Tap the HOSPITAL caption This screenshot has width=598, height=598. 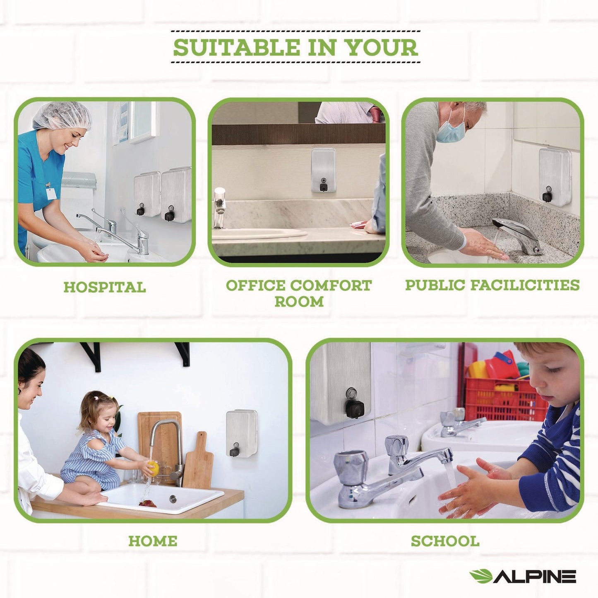(x=105, y=287)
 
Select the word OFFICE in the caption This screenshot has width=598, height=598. (x=255, y=286)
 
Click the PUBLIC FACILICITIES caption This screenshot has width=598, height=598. (x=492, y=285)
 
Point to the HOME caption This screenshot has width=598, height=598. (x=153, y=541)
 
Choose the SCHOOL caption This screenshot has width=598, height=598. (x=445, y=541)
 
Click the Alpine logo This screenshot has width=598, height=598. (x=522, y=576)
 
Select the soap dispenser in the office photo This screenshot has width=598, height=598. (x=323, y=170)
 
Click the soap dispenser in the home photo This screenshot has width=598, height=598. (x=241, y=433)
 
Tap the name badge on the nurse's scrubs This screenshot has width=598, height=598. (x=50, y=193)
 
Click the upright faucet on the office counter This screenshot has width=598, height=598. (x=219, y=207)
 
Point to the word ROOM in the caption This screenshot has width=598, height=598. (x=299, y=302)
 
